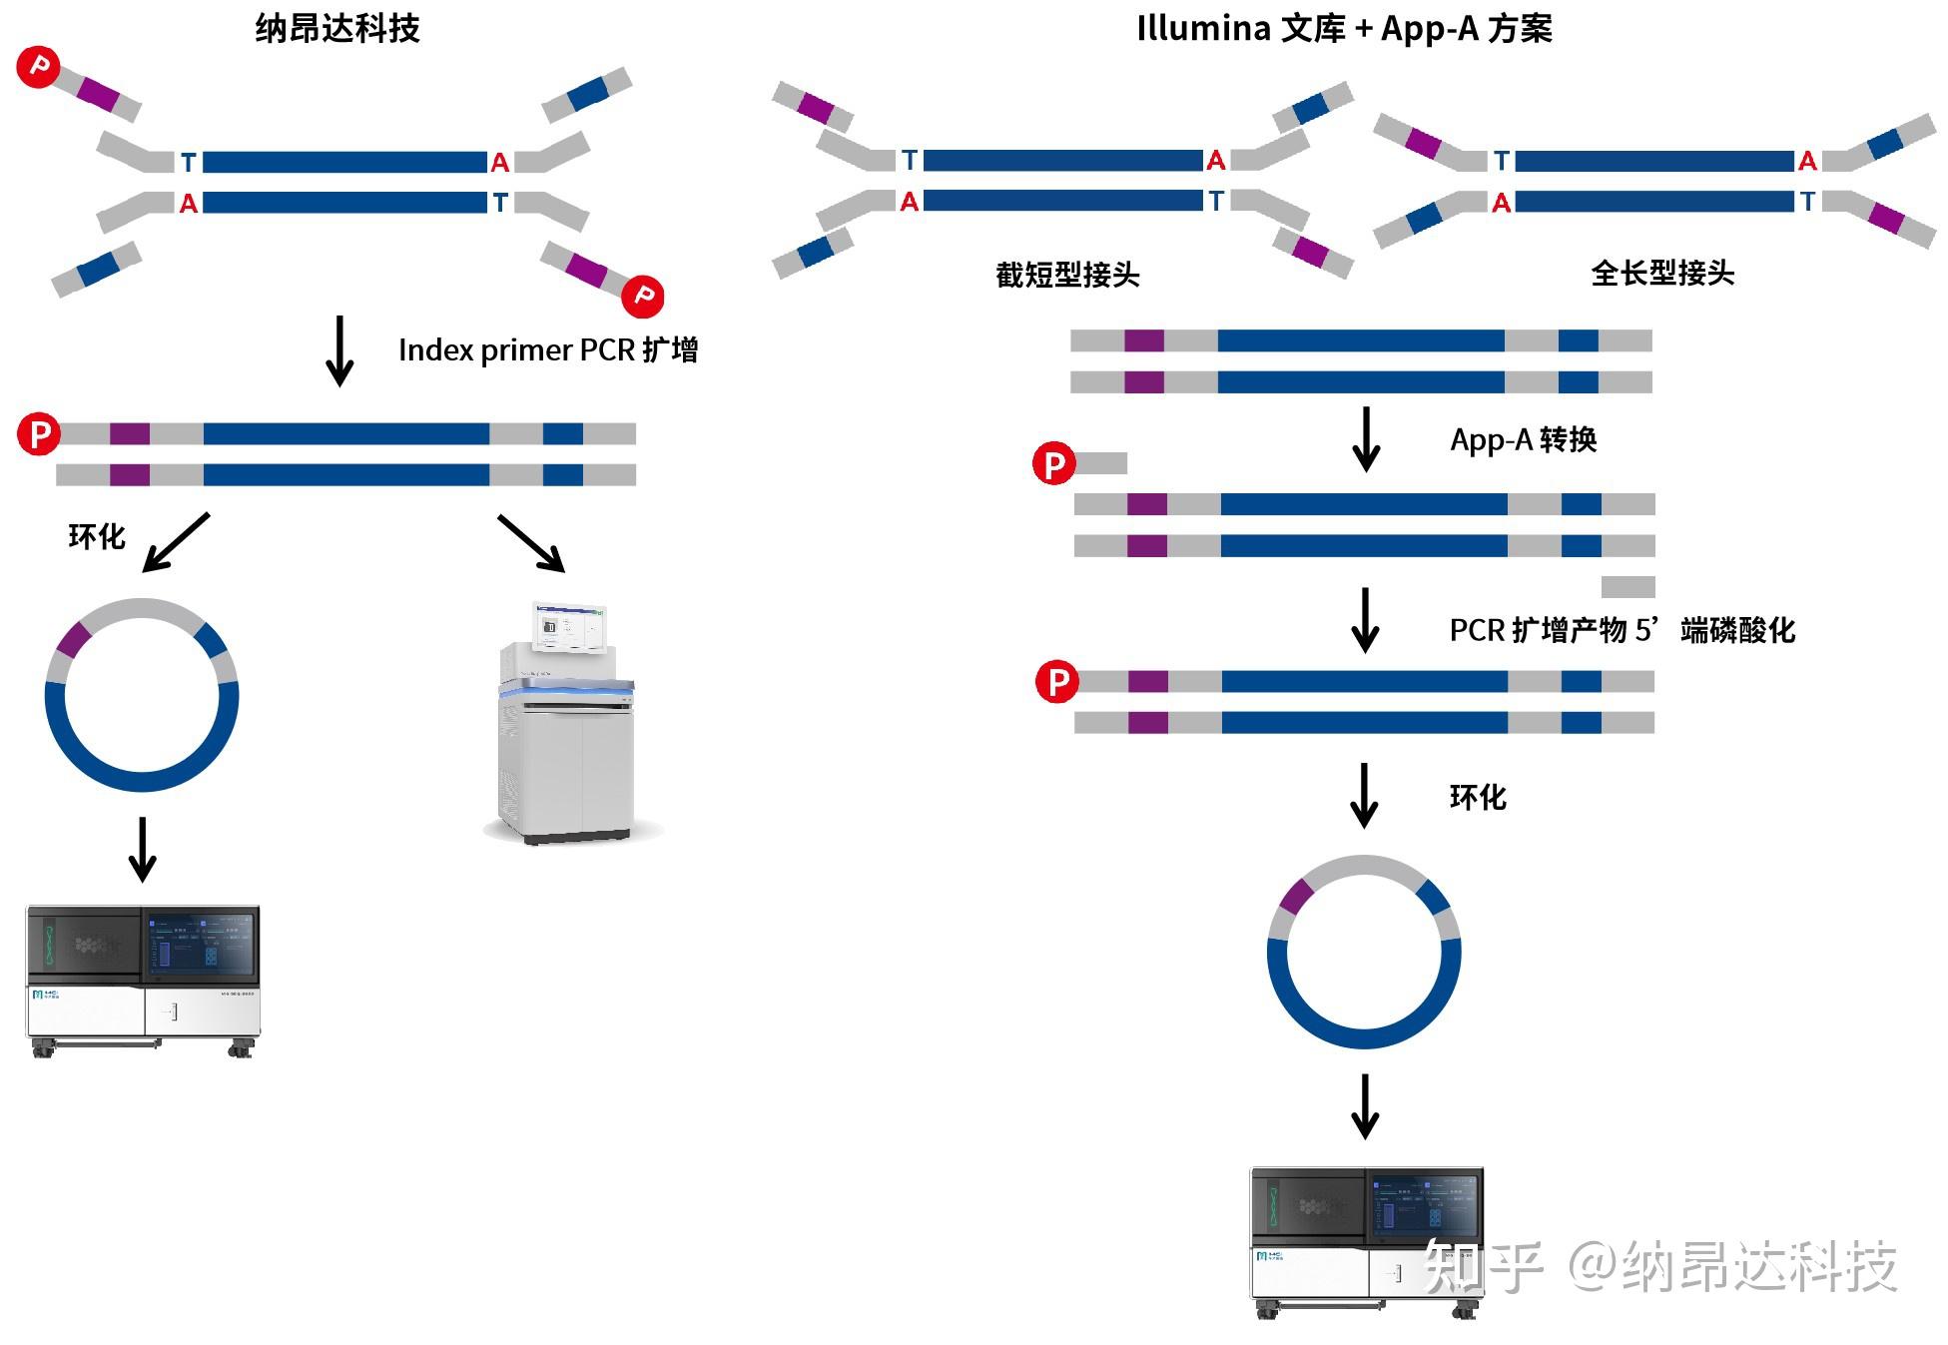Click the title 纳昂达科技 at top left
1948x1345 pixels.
pos(337,28)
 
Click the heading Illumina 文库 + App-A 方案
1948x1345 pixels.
pos(1344,28)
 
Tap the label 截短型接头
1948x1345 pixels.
pos(1067,275)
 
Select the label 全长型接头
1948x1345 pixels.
pos(1662,273)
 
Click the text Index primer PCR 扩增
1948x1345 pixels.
pos(548,349)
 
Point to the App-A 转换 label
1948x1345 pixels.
pos(1523,439)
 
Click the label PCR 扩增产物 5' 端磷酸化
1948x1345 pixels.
pos(1622,630)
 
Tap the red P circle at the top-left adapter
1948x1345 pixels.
pos(39,67)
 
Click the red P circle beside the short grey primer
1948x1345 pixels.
pos(1053,463)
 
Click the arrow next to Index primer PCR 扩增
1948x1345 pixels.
pos(339,350)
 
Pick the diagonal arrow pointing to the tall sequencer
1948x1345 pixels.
pos(532,543)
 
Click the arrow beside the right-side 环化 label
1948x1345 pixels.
pos(1364,796)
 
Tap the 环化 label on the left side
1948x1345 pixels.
pos(97,536)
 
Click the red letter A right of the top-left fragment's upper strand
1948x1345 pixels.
pos(500,163)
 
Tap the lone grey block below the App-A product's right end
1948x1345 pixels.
pos(1627,586)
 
